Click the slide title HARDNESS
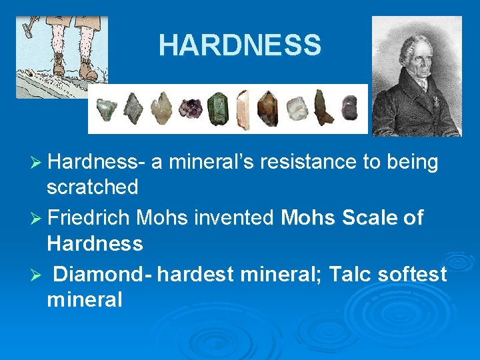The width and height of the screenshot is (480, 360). (x=239, y=45)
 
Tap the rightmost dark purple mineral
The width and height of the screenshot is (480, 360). (x=349, y=107)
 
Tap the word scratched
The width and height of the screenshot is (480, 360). (x=92, y=187)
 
